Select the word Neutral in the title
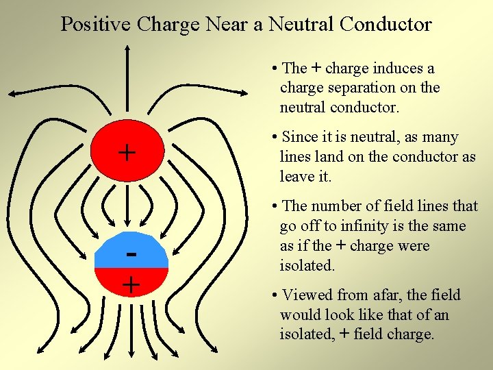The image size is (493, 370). tap(300, 24)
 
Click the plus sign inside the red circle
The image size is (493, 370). tap(127, 152)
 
